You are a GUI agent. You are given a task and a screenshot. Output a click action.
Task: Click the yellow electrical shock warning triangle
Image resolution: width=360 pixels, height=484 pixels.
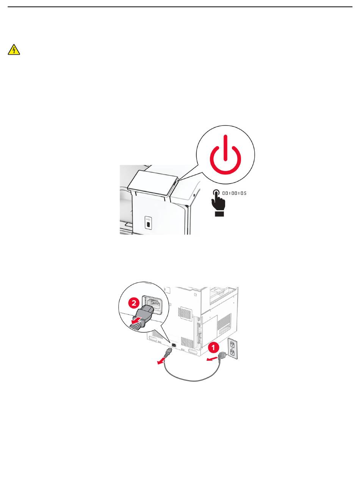click(14, 50)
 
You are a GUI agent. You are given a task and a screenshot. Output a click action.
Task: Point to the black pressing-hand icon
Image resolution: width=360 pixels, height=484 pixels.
click(218, 200)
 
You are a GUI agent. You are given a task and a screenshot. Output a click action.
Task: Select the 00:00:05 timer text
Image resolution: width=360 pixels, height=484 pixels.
click(234, 193)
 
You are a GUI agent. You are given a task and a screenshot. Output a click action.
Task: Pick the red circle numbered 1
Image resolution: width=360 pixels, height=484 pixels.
click(214, 347)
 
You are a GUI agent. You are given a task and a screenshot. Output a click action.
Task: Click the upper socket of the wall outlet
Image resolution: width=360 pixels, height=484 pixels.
click(232, 344)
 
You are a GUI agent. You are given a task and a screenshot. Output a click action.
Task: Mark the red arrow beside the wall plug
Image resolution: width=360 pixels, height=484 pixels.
click(212, 359)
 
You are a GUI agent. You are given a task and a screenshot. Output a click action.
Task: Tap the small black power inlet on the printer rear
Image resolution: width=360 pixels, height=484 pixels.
click(174, 345)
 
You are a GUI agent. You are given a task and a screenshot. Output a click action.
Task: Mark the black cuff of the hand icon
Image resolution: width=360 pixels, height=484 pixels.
click(219, 214)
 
